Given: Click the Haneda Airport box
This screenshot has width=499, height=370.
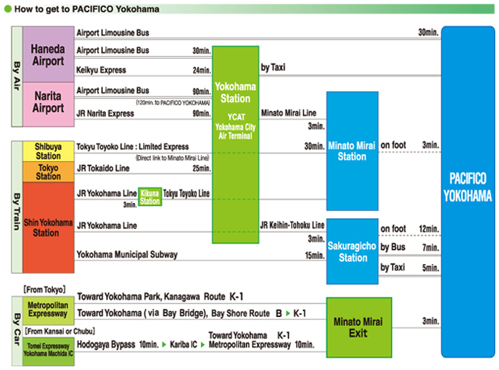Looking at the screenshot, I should point(48,54).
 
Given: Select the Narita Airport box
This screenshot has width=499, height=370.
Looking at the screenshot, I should point(48,102).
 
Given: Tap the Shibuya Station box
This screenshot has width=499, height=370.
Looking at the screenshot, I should point(48,151).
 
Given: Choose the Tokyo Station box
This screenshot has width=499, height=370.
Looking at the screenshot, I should point(48,172).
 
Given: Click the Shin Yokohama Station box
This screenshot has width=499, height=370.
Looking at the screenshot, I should point(48,227).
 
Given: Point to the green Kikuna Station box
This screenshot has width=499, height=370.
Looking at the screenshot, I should point(150,197).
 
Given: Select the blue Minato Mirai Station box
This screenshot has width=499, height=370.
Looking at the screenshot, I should point(352,151).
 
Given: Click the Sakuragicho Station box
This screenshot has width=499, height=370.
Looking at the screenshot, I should point(352,251).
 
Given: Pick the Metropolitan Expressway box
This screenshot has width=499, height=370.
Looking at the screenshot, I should point(48,309).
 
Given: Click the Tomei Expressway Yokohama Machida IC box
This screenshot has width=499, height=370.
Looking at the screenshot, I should point(48,348).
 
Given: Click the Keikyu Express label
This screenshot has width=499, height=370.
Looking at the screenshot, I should point(101,70).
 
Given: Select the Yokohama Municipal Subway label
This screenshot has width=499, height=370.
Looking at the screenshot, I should point(127,255).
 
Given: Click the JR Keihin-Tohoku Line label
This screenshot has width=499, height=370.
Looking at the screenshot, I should point(292,225).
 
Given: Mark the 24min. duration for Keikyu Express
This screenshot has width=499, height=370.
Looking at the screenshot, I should point(201,70).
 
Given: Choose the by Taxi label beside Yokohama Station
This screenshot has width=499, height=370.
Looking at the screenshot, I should point(273,67).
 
